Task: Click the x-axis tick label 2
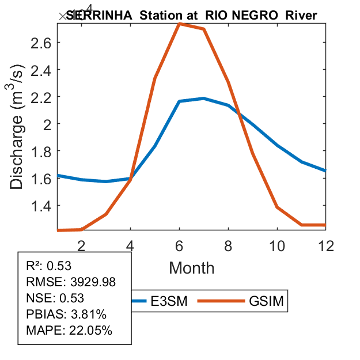[82, 245]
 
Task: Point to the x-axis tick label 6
[180, 245]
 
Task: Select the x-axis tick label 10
[277, 245]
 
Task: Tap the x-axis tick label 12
[326, 245]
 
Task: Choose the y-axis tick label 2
[47, 124]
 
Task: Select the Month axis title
[192, 267]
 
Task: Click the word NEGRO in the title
[259, 16]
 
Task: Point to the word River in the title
[301, 16]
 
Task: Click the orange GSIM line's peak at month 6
[180, 24]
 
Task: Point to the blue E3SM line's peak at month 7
[204, 98]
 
